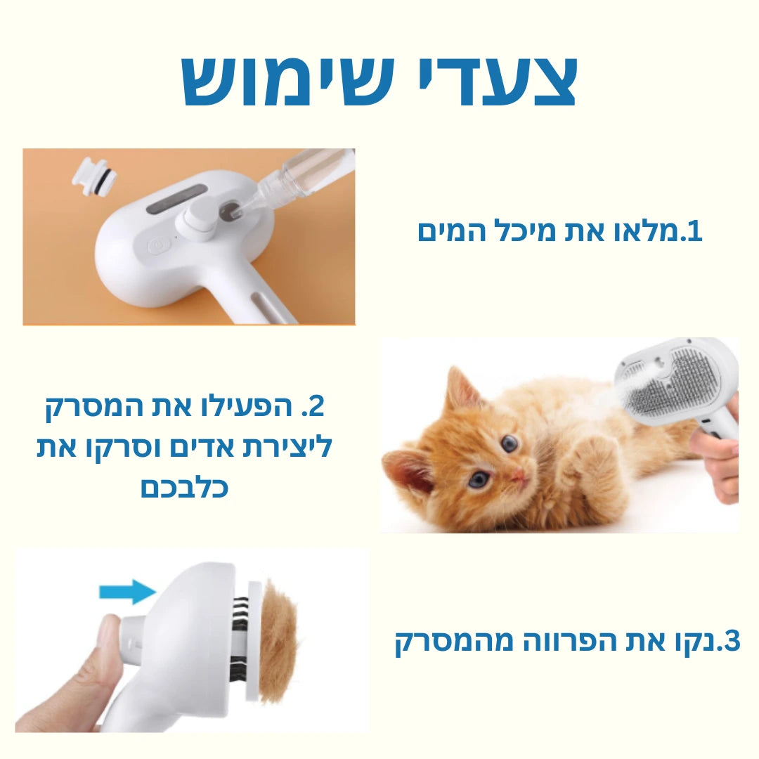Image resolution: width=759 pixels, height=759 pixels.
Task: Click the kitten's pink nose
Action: (x=518, y=476)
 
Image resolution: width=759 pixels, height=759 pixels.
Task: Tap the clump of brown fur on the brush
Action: (x=280, y=641)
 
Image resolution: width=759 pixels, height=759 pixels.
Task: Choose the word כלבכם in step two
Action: (x=185, y=486)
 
